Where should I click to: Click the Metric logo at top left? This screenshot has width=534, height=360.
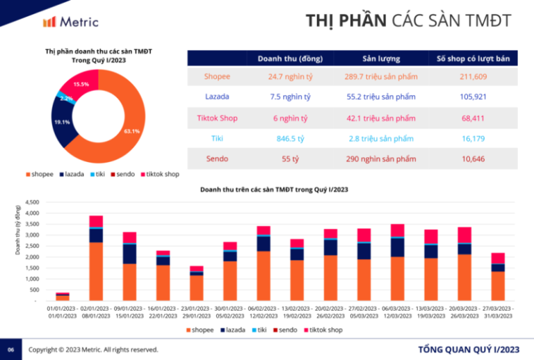pyautogui.click(x=70, y=22)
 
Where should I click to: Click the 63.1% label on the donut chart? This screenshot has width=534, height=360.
pyautogui.click(x=131, y=131)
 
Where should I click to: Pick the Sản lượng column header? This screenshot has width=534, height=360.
pyautogui.click(x=381, y=58)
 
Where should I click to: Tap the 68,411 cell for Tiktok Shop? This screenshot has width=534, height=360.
pyautogui.click(x=473, y=117)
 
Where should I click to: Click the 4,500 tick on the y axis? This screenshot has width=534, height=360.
pyautogui.click(x=32, y=202)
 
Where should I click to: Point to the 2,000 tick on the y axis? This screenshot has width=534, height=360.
pyautogui.click(x=32, y=257)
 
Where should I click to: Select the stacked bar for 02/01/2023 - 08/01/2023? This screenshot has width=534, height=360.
pyautogui.click(x=96, y=258)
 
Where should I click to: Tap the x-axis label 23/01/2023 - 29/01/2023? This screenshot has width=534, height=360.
pyautogui.click(x=196, y=311)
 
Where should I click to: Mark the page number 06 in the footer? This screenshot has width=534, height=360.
pyautogui.click(x=10, y=349)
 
